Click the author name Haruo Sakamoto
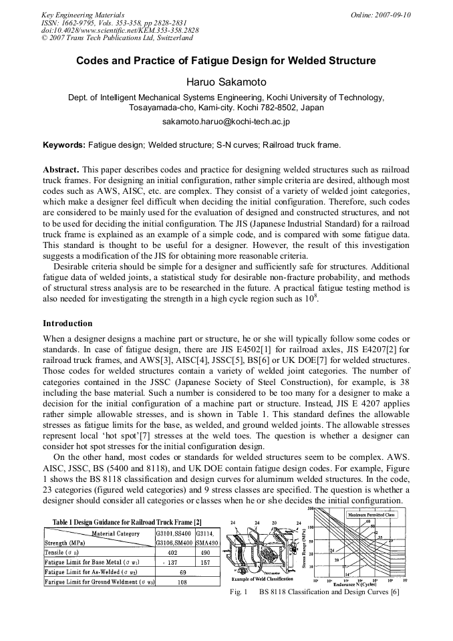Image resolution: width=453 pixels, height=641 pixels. click(x=226, y=82)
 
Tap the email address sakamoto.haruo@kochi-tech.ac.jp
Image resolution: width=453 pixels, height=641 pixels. click(x=226, y=122)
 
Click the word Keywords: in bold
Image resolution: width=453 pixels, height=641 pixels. click(x=64, y=144)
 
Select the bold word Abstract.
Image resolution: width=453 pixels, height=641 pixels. click(x=61, y=170)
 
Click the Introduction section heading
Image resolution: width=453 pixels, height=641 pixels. click(x=67, y=323)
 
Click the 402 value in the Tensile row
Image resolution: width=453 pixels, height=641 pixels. click(x=174, y=553)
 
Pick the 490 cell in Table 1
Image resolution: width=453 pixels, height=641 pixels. click(x=205, y=553)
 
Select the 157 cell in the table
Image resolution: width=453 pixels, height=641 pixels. click(x=205, y=563)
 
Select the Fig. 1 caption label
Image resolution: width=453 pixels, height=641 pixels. click(x=238, y=592)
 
